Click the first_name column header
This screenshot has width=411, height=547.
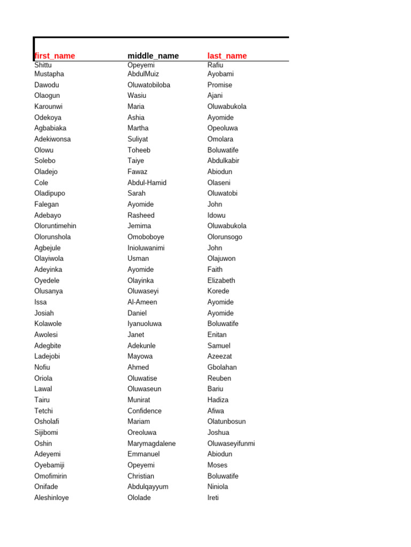pyautogui.click(x=55, y=56)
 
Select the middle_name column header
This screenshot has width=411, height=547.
pyautogui.click(x=153, y=56)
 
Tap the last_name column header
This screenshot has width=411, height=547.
pyautogui.click(x=227, y=56)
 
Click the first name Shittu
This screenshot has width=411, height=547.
pyautogui.click(x=43, y=65)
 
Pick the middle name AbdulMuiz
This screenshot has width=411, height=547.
pyautogui.click(x=143, y=74)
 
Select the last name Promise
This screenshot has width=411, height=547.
pyautogui.click(x=220, y=85)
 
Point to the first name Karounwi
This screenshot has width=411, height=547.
pyautogui.click(x=48, y=107)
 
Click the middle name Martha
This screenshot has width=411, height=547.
pyautogui.click(x=138, y=128)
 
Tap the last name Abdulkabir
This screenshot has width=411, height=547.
pyautogui.click(x=223, y=161)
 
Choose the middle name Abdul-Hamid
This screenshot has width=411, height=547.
pyautogui.click(x=147, y=183)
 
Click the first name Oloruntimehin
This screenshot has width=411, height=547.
pyautogui.click(x=55, y=226)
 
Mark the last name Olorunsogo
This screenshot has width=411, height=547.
pyautogui.click(x=225, y=237)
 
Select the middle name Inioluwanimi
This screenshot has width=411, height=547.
pyautogui.click(x=146, y=248)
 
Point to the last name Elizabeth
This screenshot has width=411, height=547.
pyautogui.click(x=221, y=280)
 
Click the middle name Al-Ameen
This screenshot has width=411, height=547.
pyautogui.click(x=142, y=302)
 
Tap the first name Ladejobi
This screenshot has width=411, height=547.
pyautogui.click(x=47, y=356)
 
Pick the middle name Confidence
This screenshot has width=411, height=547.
pyautogui.click(x=144, y=411)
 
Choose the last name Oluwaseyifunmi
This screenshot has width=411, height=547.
pyautogui.click(x=231, y=443)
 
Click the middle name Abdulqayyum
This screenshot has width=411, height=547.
pyautogui.click(x=148, y=487)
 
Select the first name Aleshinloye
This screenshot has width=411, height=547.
pyautogui.click(x=51, y=498)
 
